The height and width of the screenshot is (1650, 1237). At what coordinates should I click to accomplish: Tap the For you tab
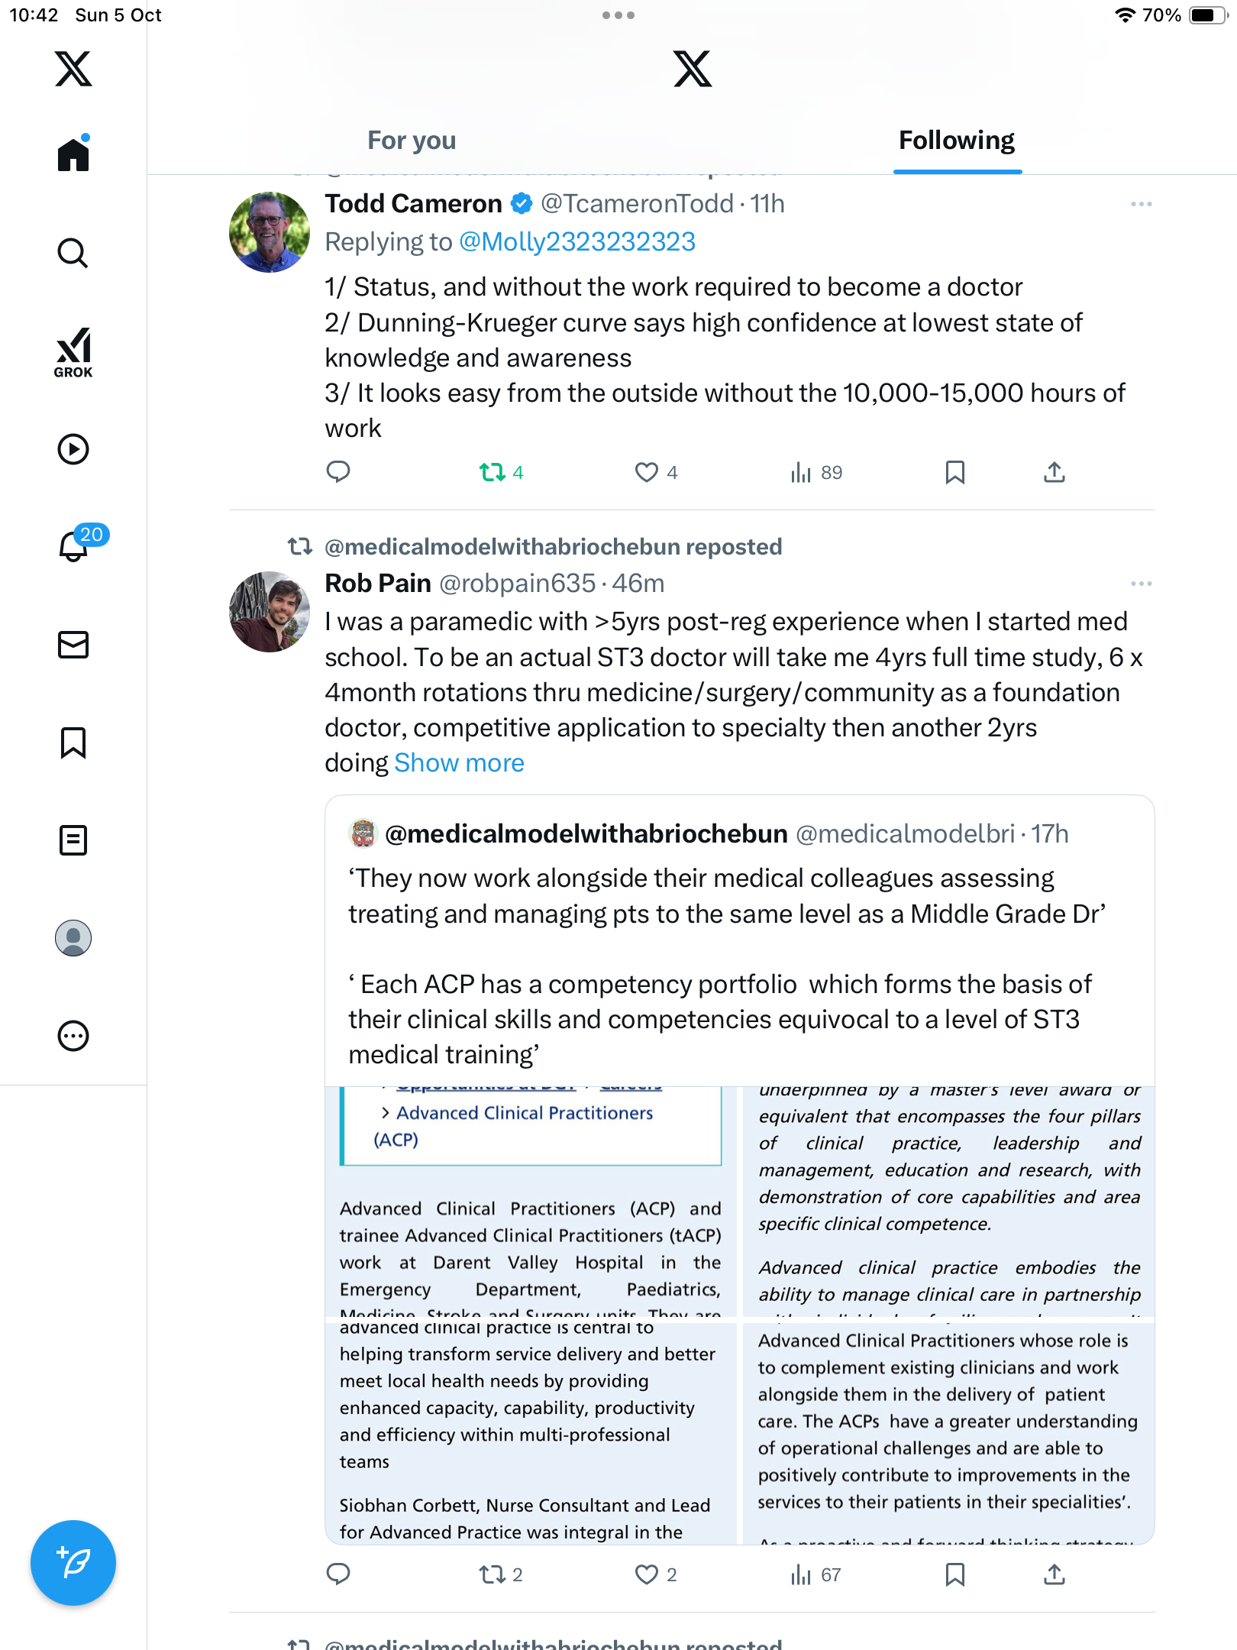click(x=412, y=141)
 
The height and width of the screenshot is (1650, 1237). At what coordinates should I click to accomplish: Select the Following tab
click(x=956, y=141)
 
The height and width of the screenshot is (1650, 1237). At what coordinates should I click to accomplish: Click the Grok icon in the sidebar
click(x=73, y=352)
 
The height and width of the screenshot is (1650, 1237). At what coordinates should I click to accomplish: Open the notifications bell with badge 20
click(x=74, y=546)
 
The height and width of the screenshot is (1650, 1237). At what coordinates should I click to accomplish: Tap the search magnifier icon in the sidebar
click(x=73, y=253)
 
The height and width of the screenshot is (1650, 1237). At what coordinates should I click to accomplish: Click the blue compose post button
click(x=73, y=1562)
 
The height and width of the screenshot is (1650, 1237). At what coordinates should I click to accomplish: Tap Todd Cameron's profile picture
click(x=269, y=232)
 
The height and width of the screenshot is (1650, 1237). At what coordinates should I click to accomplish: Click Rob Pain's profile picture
click(x=269, y=612)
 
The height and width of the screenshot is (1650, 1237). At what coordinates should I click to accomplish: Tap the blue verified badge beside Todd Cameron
click(x=522, y=204)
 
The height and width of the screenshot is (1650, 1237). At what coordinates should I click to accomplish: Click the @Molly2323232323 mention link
click(x=577, y=242)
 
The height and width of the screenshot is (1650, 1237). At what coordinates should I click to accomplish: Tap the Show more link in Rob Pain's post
click(x=459, y=763)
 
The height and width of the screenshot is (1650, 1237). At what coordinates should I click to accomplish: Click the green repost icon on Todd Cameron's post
click(x=493, y=472)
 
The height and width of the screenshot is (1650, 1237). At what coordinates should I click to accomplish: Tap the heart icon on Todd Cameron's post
click(x=646, y=472)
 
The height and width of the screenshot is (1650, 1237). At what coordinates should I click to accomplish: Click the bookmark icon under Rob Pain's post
click(x=954, y=1574)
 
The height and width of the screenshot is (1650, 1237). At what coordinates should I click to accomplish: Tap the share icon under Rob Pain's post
click(x=1054, y=1574)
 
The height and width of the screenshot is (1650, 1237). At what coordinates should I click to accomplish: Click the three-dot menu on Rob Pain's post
click(x=1141, y=584)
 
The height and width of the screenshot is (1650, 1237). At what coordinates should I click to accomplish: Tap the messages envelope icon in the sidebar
click(x=73, y=645)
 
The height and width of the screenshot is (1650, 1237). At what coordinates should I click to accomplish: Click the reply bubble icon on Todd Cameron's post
click(x=338, y=472)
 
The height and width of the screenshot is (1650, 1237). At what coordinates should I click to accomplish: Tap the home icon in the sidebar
click(x=73, y=155)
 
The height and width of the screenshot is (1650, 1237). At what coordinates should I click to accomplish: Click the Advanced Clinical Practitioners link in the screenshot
click(x=525, y=1113)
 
